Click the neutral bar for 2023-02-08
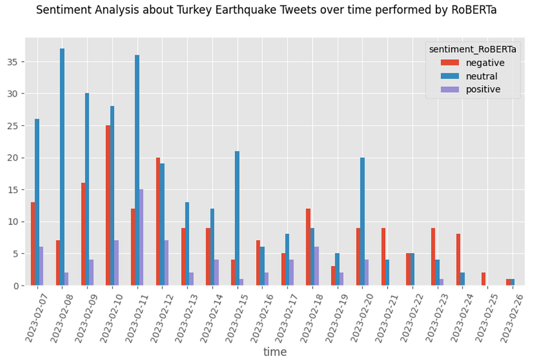[62, 167]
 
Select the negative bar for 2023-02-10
[108, 205]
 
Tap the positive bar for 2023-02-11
[141, 237]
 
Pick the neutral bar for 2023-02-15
[237, 218]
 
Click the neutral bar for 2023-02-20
[363, 221]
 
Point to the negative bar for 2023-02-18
[308, 247]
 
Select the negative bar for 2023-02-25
[484, 279]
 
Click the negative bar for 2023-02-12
[158, 221]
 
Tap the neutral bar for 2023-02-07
[37, 202]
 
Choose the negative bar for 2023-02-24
[458, 260]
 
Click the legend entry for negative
[473, 63]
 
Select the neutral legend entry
[469, 76]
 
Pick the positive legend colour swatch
[449, 89]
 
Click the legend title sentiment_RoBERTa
[473, 50]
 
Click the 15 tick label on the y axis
[13, 190]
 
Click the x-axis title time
[275, 352]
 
